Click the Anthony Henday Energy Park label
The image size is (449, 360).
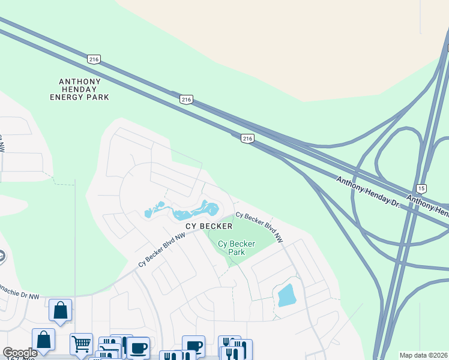click(x=79, y=89)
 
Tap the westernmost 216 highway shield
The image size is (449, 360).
click(x=94, y=59)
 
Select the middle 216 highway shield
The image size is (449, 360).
click(x=186, y=100)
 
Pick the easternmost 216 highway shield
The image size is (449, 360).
click(x=247, y=139)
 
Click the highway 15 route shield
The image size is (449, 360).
click(x=421, y=188)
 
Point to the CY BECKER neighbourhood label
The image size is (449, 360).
click(x=208, y=226)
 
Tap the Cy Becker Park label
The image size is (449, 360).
click(x=236, y=248)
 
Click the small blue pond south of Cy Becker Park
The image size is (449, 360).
click(x=286, y=295)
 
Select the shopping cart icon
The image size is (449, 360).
click(x=81, y=344)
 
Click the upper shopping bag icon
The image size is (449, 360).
click(x=60, y=310)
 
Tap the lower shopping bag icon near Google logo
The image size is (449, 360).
click(x=44, y=340)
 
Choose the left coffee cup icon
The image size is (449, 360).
click(x=138, y=347)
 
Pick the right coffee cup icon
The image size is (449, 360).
click(x=193, y=346)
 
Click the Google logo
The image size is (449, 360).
click(x=20, y=353)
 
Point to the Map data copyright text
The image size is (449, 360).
click(x=424, y=355)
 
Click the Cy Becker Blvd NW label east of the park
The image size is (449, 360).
click(x=259, y=226)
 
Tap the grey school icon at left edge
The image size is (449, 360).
click(x=2, y=257)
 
